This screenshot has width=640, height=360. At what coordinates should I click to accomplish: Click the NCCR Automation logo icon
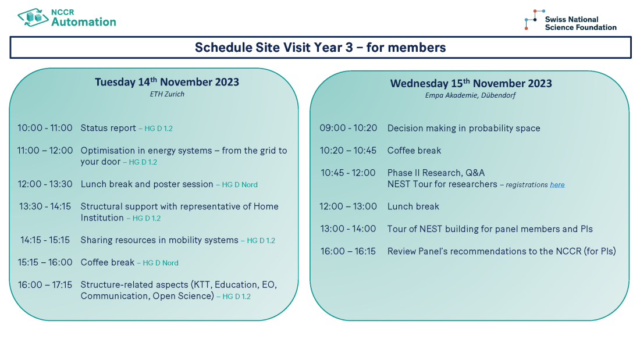point(33,17)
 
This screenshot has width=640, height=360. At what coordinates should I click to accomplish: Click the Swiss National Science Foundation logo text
point(580,23)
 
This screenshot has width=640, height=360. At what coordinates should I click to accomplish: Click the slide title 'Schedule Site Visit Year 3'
point(320,48)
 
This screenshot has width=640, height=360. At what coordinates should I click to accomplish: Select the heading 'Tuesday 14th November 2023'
point(167,82)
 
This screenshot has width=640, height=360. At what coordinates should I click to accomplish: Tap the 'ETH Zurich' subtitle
point(167,94)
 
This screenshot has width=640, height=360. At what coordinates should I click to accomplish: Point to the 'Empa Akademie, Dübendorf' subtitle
point(470,95)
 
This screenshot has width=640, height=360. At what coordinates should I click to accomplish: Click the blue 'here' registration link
point(557,185)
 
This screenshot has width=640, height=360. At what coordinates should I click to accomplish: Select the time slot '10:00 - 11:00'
point(45,129)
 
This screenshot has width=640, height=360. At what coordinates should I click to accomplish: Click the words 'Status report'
point(108,129)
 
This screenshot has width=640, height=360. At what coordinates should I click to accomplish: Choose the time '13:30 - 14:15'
point(45,206)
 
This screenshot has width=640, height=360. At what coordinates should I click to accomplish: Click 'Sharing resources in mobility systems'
point(159,240)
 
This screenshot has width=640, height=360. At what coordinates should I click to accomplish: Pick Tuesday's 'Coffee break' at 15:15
point(108,262)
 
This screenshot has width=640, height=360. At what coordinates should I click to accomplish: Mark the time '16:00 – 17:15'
point(45,285)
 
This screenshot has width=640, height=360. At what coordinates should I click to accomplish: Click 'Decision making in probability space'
point(464,129)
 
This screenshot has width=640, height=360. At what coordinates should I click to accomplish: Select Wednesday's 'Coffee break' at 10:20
point(414,151)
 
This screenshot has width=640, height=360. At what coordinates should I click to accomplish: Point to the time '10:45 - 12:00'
point(348,173)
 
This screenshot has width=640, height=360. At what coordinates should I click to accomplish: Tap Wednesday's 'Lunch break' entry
point(413,206)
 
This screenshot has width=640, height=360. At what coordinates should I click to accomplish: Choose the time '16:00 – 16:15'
point(348,251)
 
